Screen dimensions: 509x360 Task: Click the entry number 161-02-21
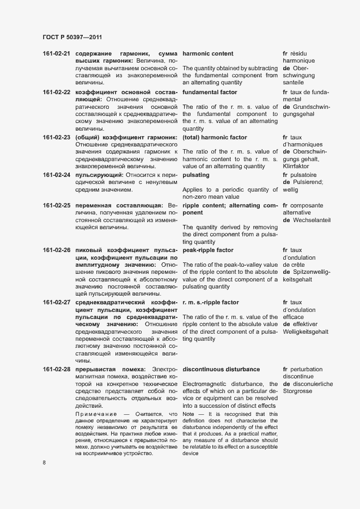tap(57, 54)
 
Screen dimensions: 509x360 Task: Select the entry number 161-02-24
tap(57, 175)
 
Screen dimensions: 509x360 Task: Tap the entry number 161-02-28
tap(57, 369)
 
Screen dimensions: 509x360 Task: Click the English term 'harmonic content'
tap(208, 54)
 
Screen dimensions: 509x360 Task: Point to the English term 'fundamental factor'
tap(210, 92)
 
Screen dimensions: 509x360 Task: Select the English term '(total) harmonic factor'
tap(215, 137)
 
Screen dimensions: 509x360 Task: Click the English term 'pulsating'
tap(196, 175)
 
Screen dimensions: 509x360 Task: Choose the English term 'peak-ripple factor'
tap(208, 250)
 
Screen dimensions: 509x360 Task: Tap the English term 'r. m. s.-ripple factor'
tap(211, 302)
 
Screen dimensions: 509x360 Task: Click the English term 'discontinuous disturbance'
tap(222, 369)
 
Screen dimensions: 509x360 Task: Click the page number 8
tap(45, 462)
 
